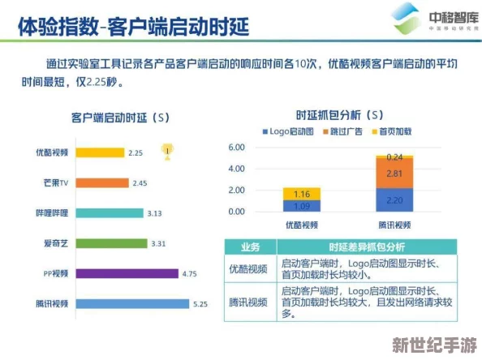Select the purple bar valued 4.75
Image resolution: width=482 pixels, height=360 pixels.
coord(128,273)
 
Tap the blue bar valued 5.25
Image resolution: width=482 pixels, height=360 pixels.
coord(133,303)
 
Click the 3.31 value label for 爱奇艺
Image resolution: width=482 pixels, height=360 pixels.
coord(158,243)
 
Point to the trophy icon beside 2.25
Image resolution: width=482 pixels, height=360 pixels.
coord(166,150)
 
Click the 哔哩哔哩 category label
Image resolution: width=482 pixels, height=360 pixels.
coord(51,213)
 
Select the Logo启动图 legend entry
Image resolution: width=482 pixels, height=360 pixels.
coord(285,131)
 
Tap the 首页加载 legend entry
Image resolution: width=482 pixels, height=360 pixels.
coord(394,131)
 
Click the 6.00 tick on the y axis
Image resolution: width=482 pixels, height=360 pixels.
coord(236,148)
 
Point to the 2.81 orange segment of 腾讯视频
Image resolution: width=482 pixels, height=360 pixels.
coord(394,173)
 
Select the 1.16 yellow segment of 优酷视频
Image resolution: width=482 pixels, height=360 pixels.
coord(302,193)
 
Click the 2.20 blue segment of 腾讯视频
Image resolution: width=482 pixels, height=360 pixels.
coord(394,199)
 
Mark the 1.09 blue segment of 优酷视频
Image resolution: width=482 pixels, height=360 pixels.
coord(302,206)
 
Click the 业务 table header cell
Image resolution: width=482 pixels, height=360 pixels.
coord(252,246)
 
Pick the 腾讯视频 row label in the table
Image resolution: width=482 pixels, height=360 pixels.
coord(252,302)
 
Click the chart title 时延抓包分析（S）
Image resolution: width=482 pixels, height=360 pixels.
coord(339,116)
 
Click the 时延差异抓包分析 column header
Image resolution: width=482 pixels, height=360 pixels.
coord(366,246)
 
